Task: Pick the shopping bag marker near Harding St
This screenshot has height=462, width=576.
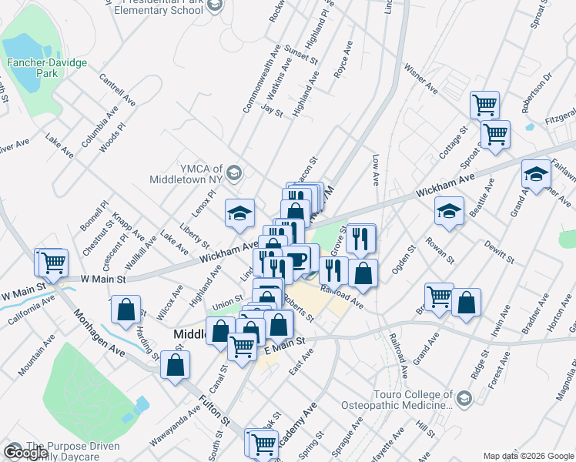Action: tap(126, 310)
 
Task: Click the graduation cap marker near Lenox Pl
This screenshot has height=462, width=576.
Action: tap(240, 213)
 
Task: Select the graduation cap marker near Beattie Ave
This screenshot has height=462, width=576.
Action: tap(448, 212)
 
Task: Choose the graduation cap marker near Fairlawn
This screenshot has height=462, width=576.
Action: tap(536, 174)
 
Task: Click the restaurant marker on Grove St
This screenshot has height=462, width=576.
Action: tap(359, 239)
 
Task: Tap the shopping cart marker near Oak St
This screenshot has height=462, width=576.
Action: tap(263, 443)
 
